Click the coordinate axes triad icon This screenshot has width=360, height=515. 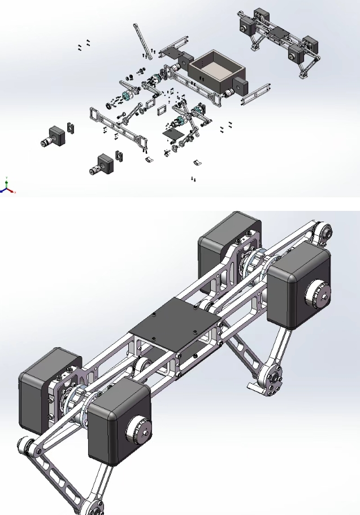pos(7,187)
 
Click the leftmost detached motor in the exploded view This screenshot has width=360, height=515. pos(53,136)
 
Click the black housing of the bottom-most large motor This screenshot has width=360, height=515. pos(116,421)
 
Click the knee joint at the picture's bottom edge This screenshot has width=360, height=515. pos(93,507)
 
